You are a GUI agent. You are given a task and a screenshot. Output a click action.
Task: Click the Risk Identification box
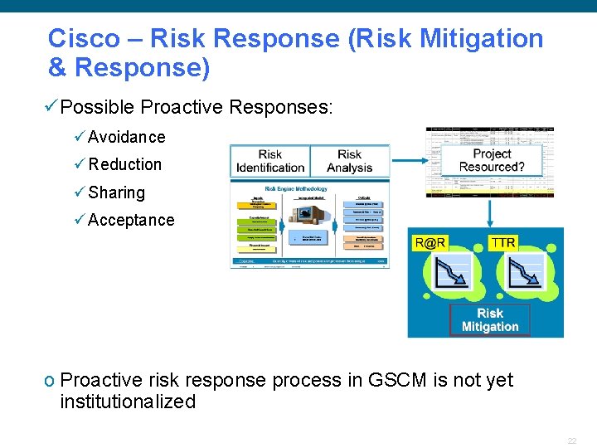point(270,161)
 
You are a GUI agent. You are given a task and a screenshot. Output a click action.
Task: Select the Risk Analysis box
point(350,161)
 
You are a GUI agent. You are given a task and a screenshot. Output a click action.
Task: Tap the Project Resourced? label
point(492,160)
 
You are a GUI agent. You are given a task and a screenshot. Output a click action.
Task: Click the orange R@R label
point(430,243)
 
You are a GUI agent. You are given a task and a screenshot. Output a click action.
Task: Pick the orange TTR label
point(503,242)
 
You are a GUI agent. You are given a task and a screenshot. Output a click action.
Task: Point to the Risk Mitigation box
point(490,320)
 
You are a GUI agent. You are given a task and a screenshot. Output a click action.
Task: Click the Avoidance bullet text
point(126,137)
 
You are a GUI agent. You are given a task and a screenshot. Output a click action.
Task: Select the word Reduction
point(125,164)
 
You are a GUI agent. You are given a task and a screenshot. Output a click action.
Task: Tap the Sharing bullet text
point(116,192)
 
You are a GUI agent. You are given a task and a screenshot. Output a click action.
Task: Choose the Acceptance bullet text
point(131,220)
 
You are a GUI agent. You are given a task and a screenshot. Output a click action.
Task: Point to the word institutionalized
point(128,402)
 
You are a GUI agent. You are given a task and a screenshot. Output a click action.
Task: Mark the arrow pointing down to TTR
point(491,214)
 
